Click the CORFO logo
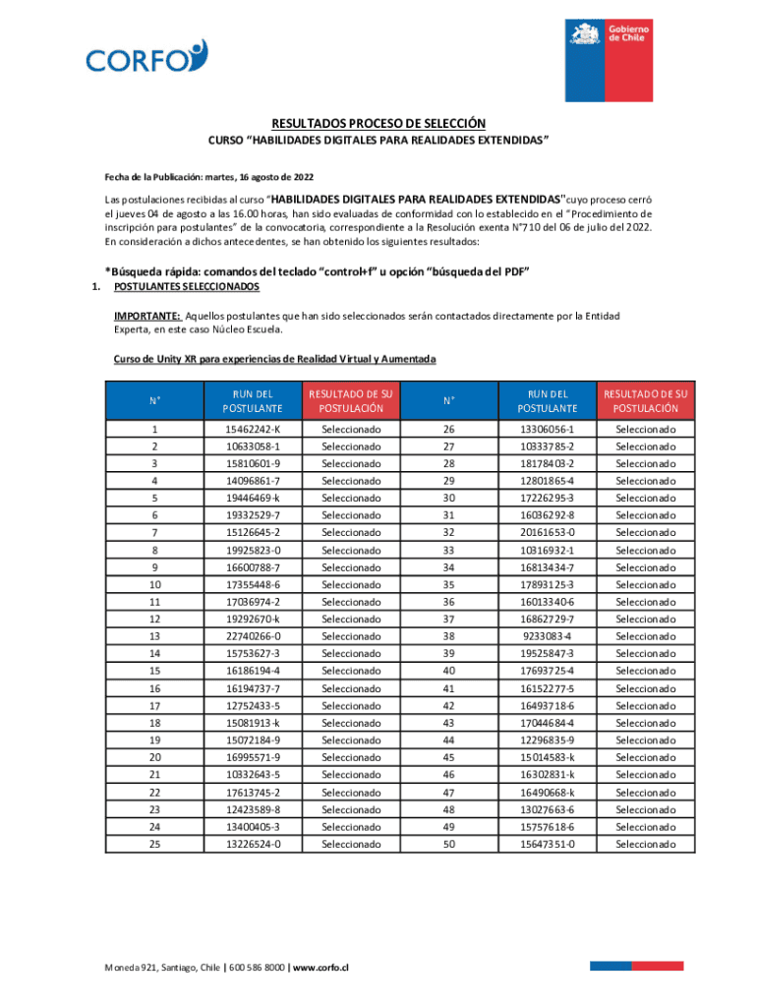[146, 57]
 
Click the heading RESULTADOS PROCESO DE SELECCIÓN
[378, 124]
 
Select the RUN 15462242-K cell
[252, 430]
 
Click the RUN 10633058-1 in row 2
[252, 446]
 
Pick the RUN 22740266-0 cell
[252, 636]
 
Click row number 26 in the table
[448, 430]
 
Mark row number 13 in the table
[154, 636]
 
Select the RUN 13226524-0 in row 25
[252, 844]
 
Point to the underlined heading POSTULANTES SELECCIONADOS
[187, 287]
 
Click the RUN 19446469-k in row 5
[252, 499]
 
